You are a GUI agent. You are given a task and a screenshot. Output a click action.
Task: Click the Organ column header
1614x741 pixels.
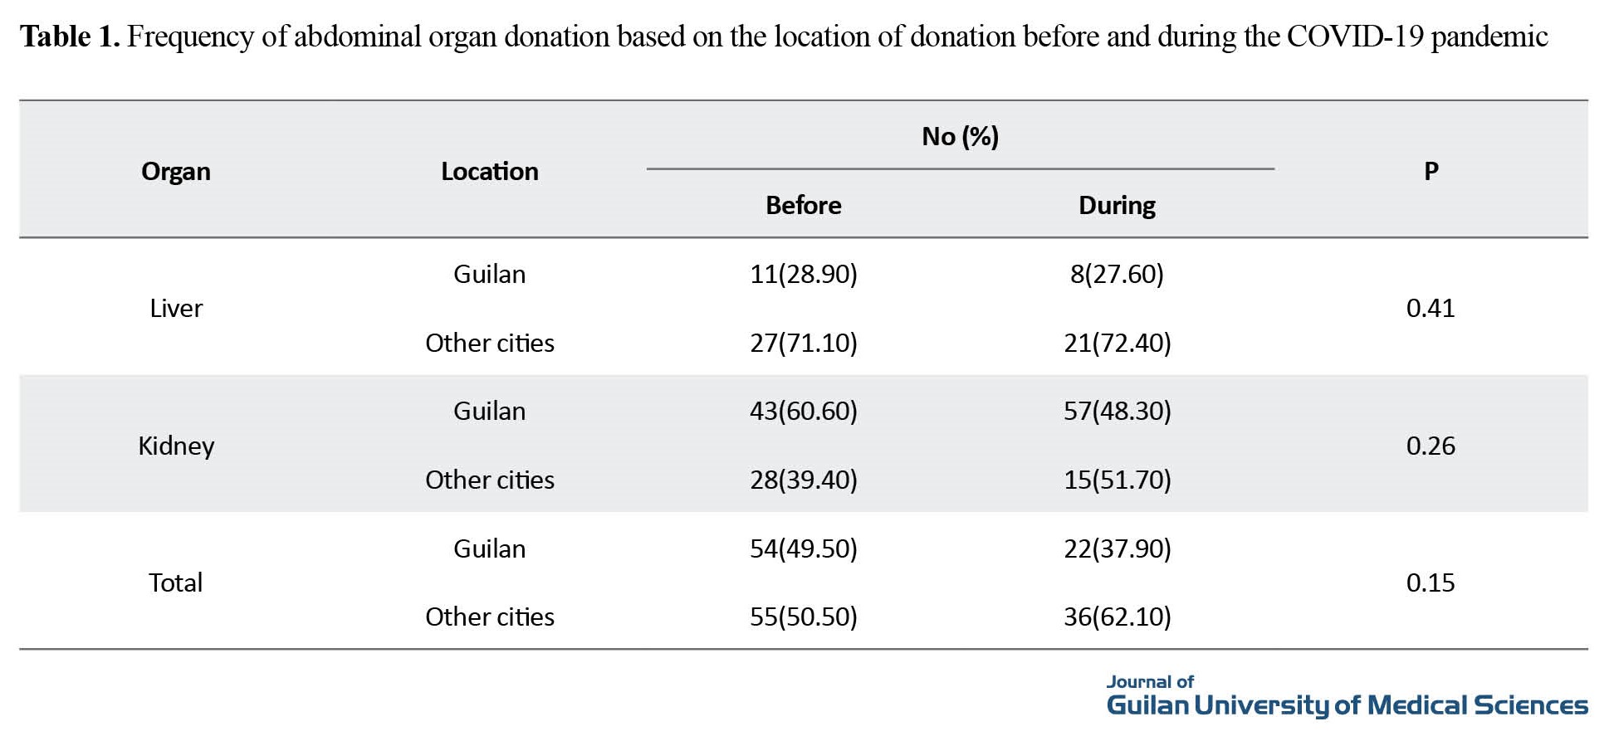(175, 171)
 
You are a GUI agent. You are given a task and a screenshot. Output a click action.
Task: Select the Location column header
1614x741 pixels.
(489, 171)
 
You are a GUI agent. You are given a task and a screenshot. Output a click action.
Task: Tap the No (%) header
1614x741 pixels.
(960, 136)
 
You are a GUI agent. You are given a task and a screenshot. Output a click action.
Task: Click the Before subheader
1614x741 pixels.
(803, 205)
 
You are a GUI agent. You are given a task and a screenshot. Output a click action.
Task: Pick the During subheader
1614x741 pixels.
(1117, 205)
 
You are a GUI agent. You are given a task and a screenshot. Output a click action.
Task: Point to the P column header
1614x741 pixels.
(1431, 171)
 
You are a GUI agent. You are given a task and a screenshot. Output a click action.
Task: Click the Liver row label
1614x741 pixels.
(175, 308)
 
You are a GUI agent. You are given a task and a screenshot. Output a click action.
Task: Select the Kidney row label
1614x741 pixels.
(175, 446)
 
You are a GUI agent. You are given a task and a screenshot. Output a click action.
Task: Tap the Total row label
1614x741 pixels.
(175, 583)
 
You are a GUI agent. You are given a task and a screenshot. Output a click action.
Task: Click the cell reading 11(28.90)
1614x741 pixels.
(803, 274)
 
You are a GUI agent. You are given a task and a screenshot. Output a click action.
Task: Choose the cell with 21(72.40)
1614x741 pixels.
(1117, 343)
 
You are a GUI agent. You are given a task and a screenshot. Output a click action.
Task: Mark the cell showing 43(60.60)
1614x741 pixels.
(803, 411)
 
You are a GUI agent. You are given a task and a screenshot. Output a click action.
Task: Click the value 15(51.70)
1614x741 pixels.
(1117, 480)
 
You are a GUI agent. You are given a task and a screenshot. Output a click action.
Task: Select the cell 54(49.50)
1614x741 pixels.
(803, 548)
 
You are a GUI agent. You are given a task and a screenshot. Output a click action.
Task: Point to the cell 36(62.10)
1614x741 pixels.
(1117, 617)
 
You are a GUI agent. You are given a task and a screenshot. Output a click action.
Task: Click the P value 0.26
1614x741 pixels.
(1430, 446)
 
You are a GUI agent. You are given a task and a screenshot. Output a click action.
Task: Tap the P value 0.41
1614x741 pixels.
(1430, 308)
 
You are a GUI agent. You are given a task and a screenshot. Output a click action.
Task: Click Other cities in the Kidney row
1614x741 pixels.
(489, 480)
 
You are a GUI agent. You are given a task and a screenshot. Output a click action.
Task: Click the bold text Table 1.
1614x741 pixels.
(70, 37)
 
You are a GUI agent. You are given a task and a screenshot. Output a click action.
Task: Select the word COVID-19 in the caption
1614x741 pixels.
(1355, 37)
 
